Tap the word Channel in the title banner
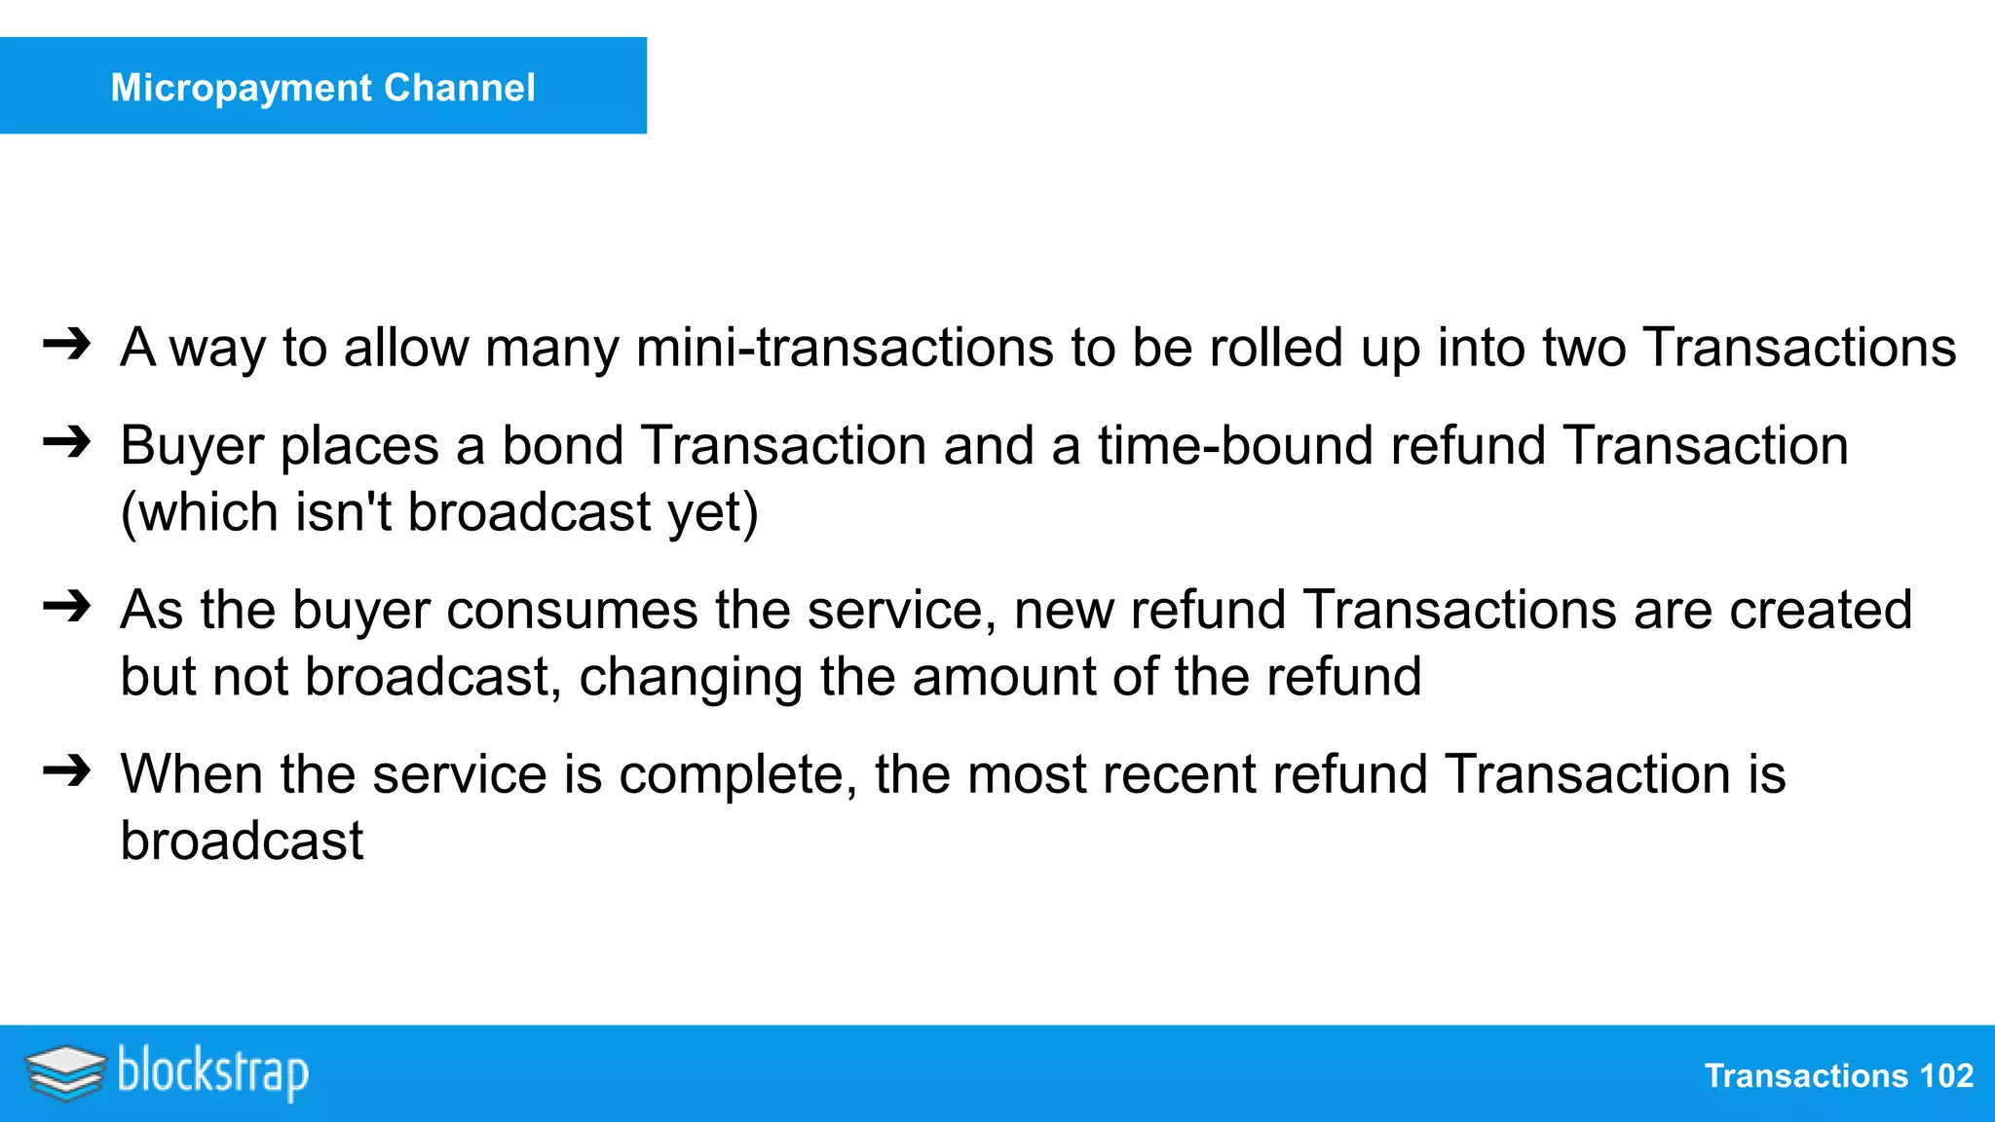point(460,88)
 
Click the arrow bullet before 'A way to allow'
point(67,345)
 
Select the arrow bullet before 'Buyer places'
point(67,443)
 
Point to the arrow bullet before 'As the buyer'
point(67,608)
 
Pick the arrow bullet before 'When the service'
point(67,771)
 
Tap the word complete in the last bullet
point(737,776)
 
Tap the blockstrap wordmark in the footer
point(213,1072)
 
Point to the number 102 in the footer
point(1945,1076)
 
